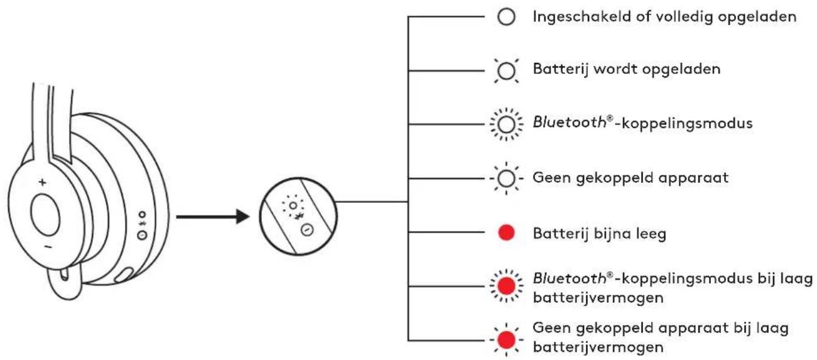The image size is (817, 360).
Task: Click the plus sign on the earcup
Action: point(43,182)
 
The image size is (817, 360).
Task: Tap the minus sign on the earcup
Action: point(48,247)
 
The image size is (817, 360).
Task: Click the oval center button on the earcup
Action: point(45,215)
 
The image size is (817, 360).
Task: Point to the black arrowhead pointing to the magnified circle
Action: point(243,217)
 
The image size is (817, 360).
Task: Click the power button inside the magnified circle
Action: point(307,230)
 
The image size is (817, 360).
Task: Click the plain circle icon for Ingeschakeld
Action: point(506,17)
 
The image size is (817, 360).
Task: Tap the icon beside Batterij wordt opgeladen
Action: point(506,70)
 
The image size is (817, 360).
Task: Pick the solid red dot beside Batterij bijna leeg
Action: point(506,232)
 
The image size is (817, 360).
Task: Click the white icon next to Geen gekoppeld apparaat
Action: point(506,178)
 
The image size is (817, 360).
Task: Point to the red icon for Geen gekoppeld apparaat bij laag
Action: point(506,340)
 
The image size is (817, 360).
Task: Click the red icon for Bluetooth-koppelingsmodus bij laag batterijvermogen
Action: point(506,286)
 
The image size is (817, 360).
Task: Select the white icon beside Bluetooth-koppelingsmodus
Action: point(506,124)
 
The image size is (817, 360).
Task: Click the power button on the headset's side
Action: point(142,235)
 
